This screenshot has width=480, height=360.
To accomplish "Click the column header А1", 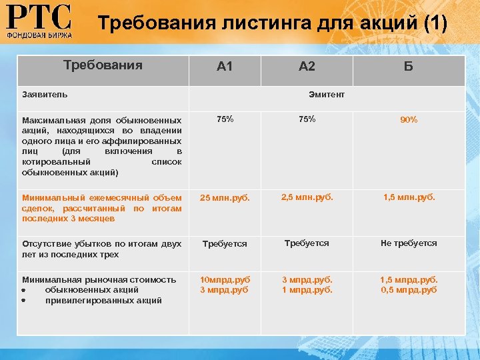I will tap(225, 66).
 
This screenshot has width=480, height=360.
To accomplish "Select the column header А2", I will tap(307, 66).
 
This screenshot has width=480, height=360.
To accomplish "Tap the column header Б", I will tap(409, 66).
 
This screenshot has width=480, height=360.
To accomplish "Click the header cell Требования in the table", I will tap(103, 65).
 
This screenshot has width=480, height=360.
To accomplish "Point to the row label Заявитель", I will tap(45, 95).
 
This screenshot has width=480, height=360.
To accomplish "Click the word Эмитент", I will tap(327, 95).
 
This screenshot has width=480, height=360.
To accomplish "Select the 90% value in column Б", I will tap(409, 120).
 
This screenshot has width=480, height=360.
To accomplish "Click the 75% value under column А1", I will tap(225, 119).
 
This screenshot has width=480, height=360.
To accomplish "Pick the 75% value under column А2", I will tap(307, 119).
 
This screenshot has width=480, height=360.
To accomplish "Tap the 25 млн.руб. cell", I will tap(225, 198).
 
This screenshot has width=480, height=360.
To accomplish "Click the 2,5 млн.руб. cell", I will tap(307, 197).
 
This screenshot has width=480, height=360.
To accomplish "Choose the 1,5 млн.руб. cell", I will tap(409, 197).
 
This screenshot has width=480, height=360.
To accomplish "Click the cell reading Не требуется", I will tap(409, 243).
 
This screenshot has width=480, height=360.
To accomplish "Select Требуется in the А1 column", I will tap(225, 244).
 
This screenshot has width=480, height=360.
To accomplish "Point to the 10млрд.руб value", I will tap(225, 280).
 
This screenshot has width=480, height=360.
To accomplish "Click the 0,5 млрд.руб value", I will tap(409, 290).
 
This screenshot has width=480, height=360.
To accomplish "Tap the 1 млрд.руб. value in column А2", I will tap(307, 290).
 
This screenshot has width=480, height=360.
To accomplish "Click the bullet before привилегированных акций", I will tap(23, 301).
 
